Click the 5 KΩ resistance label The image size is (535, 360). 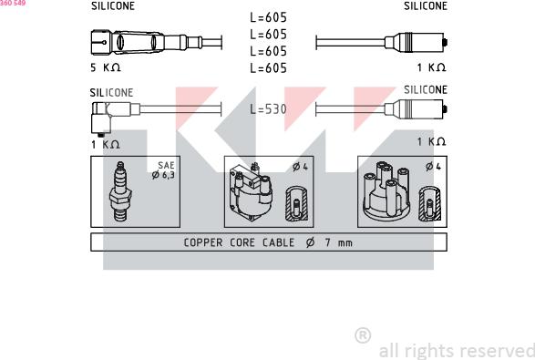click(x=106, y=67)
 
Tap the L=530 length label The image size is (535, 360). click(x=268, y=109)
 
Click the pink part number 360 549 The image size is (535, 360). click(x=13, y=3)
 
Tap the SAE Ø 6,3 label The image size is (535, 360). click(x=164, y=170)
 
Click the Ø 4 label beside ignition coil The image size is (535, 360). click(x=300, y=167)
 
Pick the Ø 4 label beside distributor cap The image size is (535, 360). click(x=433, y=167)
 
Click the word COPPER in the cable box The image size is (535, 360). click(x=203, y=242)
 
